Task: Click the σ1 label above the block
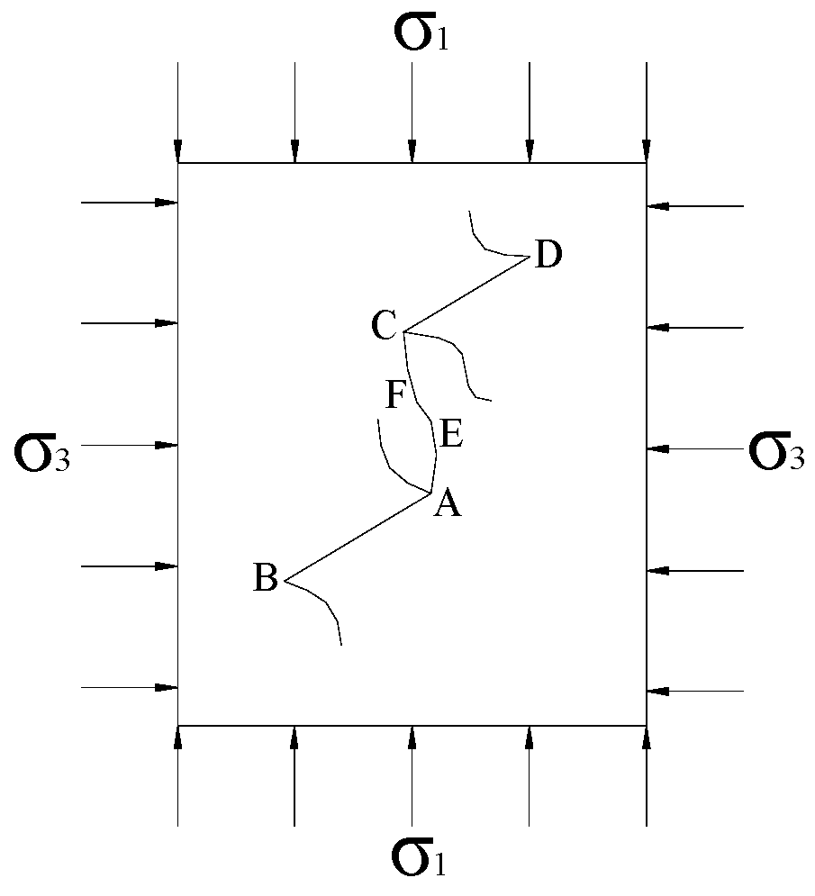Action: tap(420, 33)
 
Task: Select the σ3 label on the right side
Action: tap(776, 453)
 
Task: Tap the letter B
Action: tap(265, 578)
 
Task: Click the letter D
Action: tap(548, 256)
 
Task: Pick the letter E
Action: tap(451, 437)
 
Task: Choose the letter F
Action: tap(395, 394)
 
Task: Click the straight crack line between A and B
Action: tap(358, 537)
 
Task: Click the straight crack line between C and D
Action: tap(464, 294)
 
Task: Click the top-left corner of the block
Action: tap(178, 163)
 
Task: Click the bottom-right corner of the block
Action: tap(647, 725)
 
